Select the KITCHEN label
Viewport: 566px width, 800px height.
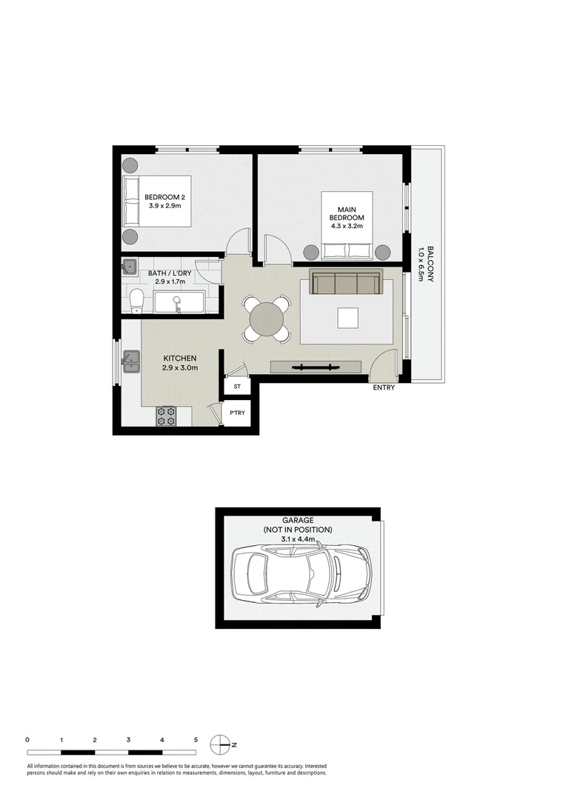pyautogui.click(x=180, y=358)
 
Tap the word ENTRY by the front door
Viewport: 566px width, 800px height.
pyautogui.click(x=384, y=387)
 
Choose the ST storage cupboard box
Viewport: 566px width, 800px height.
pyautogui.click(x=238, y=387)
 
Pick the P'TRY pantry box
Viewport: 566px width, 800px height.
pyautogui.click(x=238, y=413)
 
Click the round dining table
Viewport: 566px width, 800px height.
pyautogui.click(x=265, y=320)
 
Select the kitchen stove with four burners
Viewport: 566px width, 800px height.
pyautogui.click(x=165, y=416)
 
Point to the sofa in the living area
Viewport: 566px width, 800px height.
pyautogui.click(x=346, y=283)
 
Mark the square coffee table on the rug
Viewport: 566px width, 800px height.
pyautogui.click(x=347, y=318)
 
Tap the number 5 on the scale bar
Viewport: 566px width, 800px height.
pyautogui.click(x=196, y=739)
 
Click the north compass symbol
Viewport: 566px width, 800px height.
pyautogui.click(x=221, y=743)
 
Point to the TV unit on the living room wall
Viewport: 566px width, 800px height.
pyautogui.click(x=316, y=367)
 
